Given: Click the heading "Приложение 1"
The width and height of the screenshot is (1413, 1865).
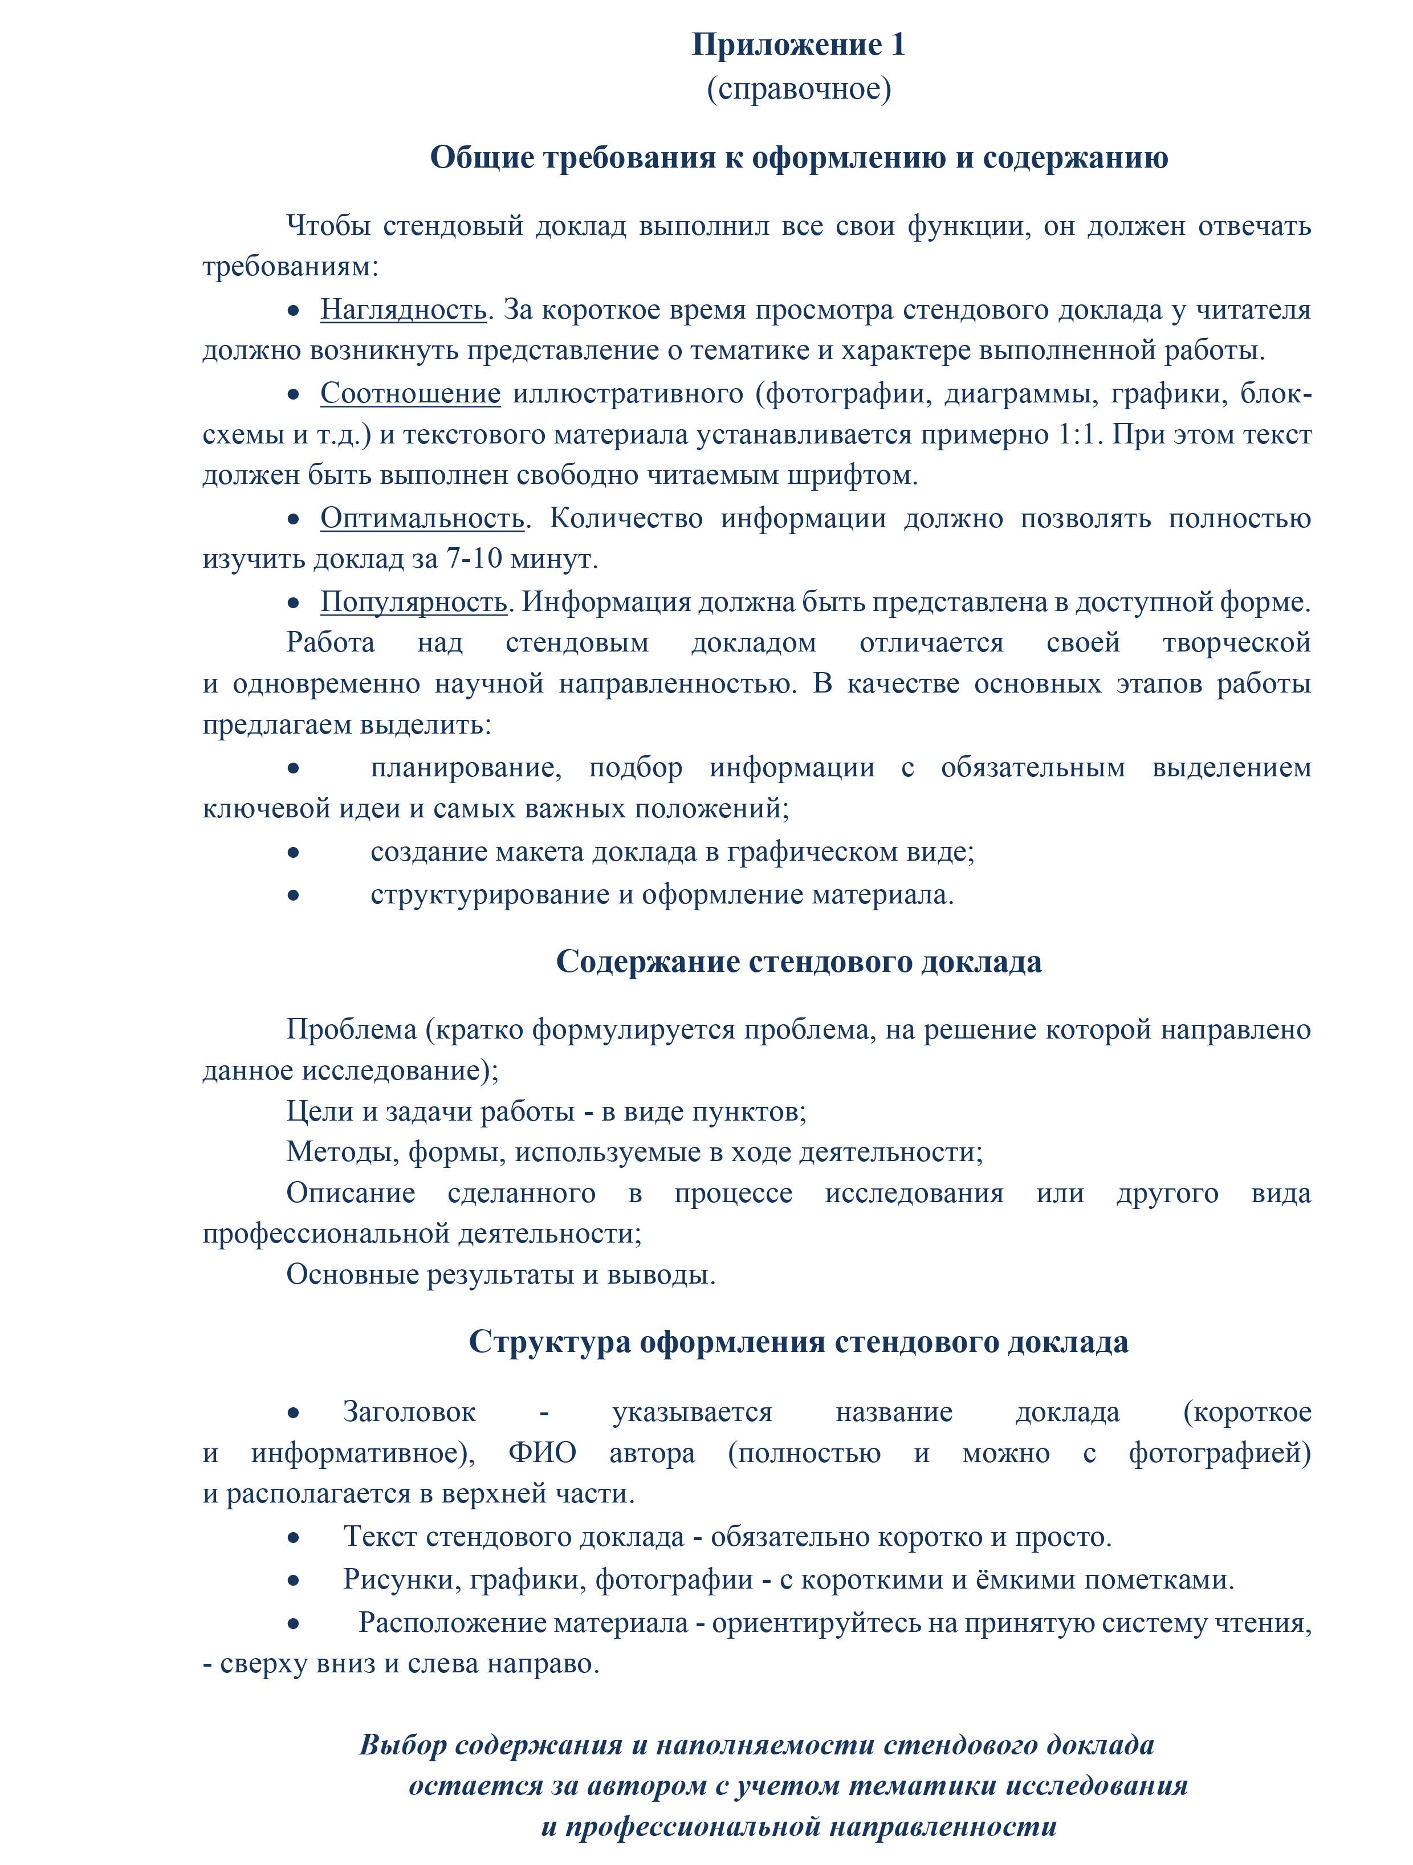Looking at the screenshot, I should (x=799, y=44).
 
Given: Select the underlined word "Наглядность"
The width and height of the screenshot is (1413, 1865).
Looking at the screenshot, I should (x=403, y=310).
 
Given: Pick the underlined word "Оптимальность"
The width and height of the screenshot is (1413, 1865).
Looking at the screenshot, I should (x=422, y=518).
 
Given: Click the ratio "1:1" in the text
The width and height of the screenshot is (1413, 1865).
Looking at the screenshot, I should (x=1079, y=434).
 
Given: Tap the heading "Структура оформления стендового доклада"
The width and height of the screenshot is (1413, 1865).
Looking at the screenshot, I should (x=799, y=1341).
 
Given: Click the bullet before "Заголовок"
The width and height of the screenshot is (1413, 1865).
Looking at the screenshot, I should (x=294, y=1412).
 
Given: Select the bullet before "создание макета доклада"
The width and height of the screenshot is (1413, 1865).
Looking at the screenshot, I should (x=294, y=852).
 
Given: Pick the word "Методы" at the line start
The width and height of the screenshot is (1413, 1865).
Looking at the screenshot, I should (x=343, y=1152).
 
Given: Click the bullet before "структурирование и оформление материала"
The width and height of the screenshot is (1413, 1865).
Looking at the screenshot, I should (x=294, y=894).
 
